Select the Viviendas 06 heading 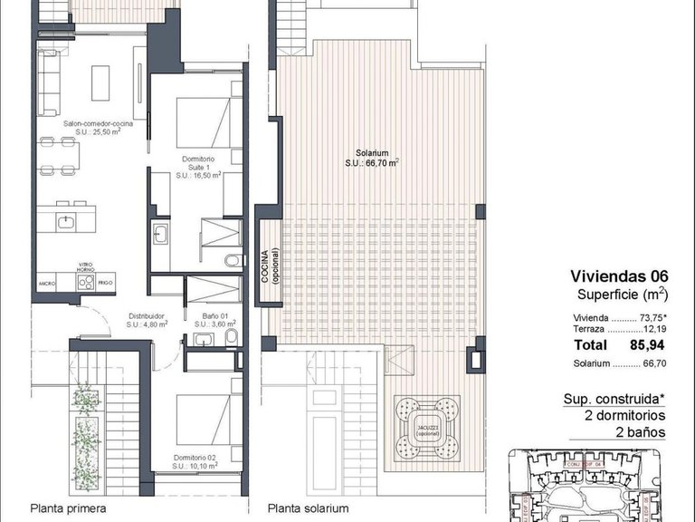tap(618, 276)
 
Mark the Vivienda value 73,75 tap(650, 319)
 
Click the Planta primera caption tap(67, 508)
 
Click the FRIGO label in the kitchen tap(107, 283)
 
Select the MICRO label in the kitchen tap(47, 284)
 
